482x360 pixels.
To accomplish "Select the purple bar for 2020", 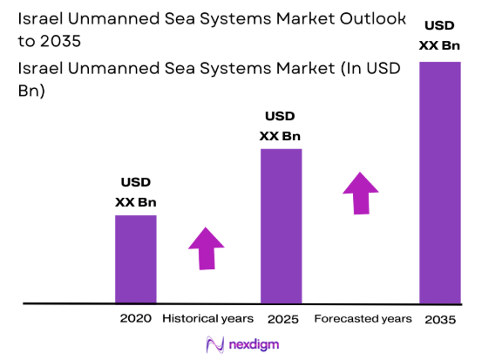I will coord(135,259).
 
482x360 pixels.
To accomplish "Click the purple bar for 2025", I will coord(281,226).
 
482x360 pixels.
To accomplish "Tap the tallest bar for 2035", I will coord(439,182).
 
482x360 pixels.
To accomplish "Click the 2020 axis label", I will coord(136,318).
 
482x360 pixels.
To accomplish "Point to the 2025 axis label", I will coord(281,318).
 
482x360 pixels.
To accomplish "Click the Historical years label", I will coord(207,318).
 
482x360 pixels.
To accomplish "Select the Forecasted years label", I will coord(363,318).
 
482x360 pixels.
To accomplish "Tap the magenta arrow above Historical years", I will coord(207,248).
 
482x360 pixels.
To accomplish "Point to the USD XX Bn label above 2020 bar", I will coord(135,192).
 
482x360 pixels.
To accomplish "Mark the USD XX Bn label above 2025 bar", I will coord(281,126).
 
